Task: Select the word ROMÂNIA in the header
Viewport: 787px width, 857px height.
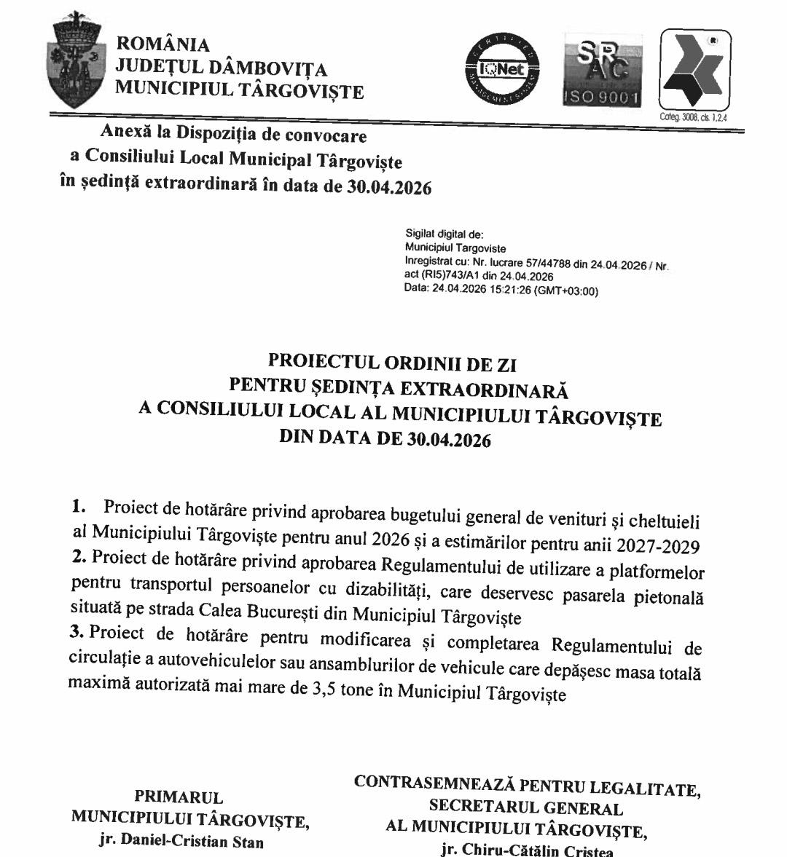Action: point(163,45)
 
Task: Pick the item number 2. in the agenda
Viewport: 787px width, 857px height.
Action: point(79,557)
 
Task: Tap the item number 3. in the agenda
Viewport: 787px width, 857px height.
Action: point(78,632)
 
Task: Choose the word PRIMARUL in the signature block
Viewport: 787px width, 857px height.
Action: point(179,797)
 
